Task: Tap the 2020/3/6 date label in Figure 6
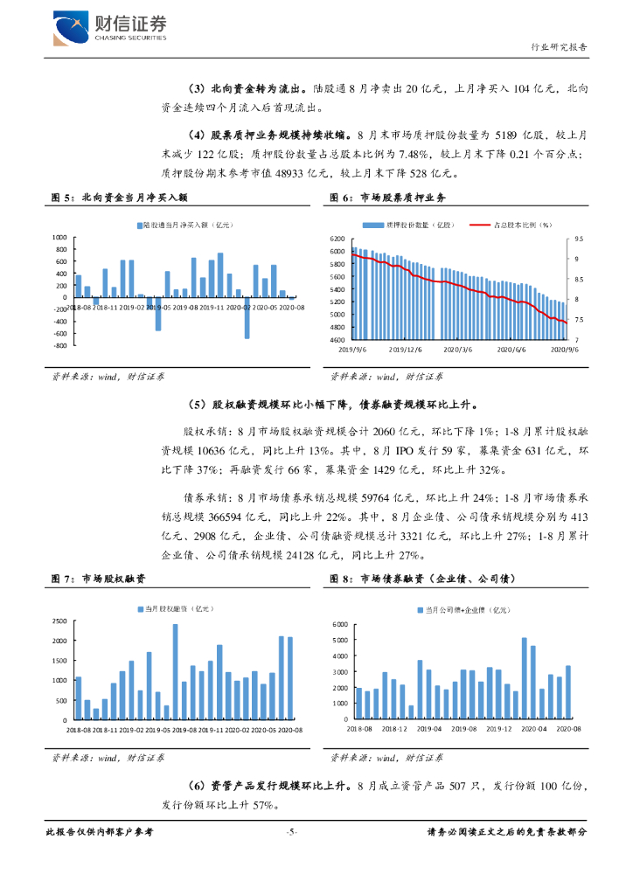(x=457, y=348)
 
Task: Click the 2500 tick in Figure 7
(x=59, y=621)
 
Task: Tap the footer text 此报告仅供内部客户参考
(x=99, y=832)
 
